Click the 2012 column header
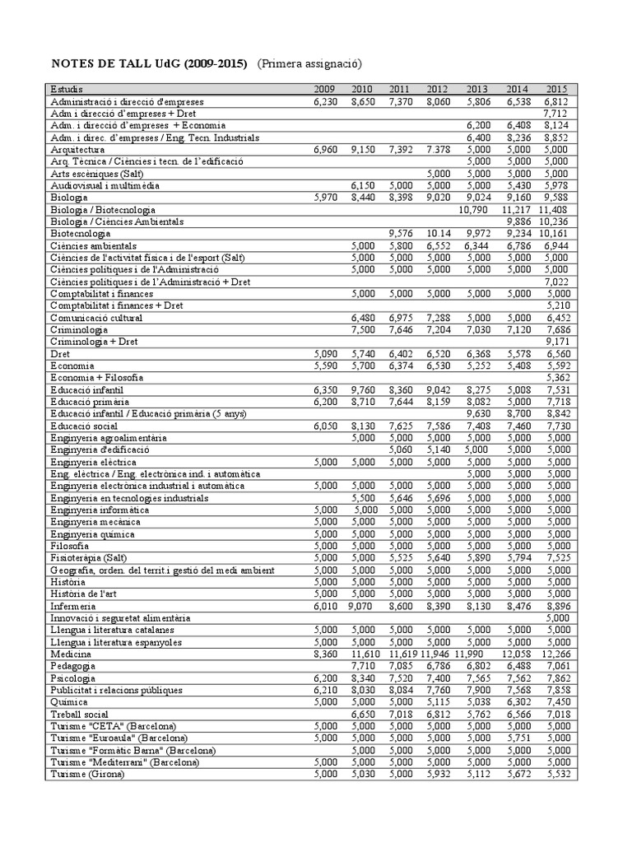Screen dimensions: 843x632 coord(438,90)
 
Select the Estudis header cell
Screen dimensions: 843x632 coord(67,90)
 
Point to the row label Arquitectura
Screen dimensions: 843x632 coord(77,150)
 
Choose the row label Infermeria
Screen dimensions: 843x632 coord(74,606)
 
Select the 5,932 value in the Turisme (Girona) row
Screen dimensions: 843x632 coord(438,775)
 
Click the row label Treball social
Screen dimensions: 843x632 coord(79,715)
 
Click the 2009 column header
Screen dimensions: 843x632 coord(325,90)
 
